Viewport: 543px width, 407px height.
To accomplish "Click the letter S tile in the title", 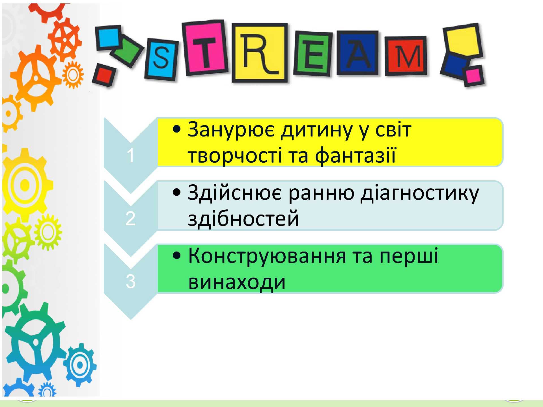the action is [161, 59].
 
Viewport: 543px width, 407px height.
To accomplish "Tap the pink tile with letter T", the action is [205, 48].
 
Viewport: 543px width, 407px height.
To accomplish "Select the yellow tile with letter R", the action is [260, 53].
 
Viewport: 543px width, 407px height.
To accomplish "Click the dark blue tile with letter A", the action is [358, 53].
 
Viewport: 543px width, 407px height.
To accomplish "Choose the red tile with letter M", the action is [406, 56].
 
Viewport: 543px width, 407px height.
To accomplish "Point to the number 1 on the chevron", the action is [130, 155].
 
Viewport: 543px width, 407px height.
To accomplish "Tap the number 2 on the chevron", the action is [130, 218].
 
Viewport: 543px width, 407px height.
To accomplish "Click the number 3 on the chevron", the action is [130, 282].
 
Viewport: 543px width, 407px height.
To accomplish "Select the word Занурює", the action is [231, 130].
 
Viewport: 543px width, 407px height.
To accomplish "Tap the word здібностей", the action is [243, 218].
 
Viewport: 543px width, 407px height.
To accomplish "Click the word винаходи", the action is [237, 282].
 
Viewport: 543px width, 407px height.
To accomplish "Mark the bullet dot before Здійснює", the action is [176, 193].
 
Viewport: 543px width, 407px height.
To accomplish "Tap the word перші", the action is [409, 256].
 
